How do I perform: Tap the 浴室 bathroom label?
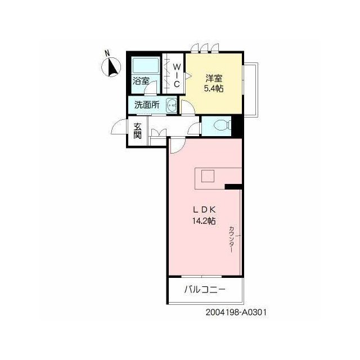click(141, 81)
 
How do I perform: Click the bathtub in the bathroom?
click(145, 65)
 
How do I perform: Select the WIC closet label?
click(177, 75)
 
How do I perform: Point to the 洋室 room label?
click(214, 78)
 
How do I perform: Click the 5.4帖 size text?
click(214, 89)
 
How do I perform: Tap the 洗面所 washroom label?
click(147, 105)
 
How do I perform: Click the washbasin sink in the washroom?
click(171, 106)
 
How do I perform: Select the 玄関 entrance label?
click(137, 130)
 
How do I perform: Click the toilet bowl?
click(221, 125)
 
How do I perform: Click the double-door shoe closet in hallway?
click(159, 133)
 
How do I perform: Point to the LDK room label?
click(204, 209)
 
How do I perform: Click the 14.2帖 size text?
click(204, 221)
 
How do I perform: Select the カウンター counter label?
click(232, 240)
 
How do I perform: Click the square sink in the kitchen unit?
click(208, 176)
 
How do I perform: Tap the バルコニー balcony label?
click(205, 290)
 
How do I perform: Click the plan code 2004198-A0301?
click(236, 312)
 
